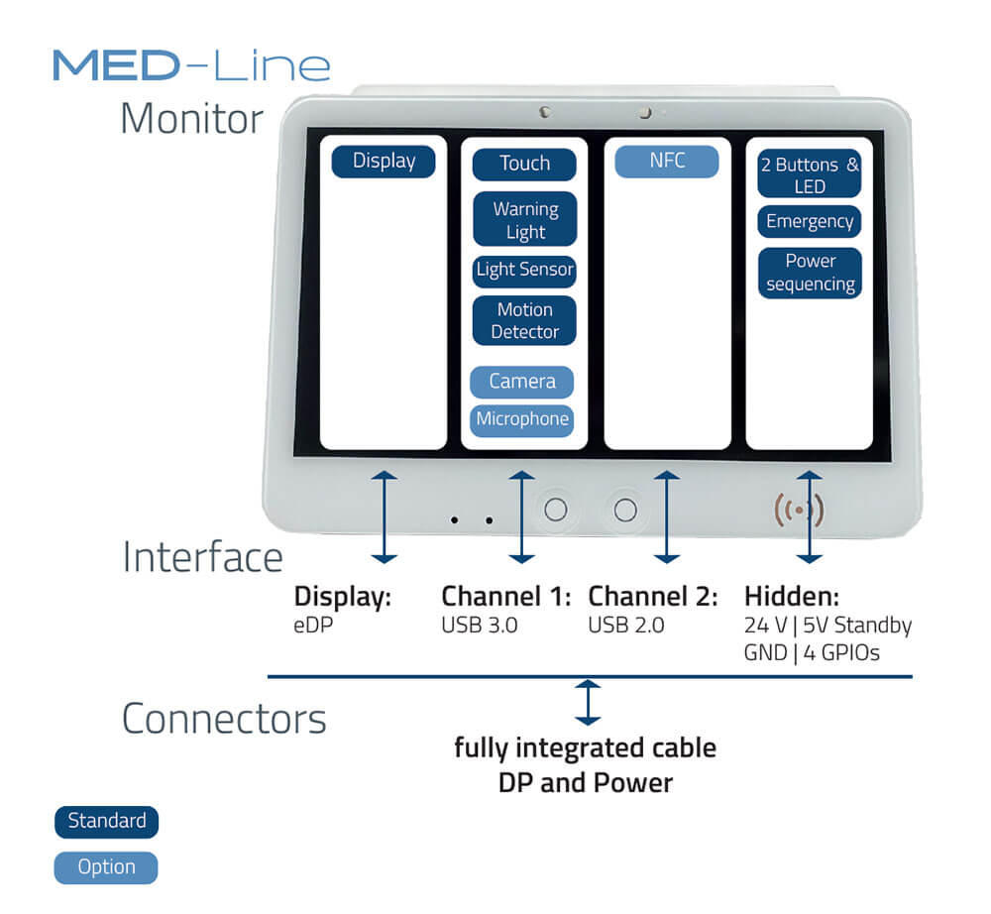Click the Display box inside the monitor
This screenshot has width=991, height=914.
[383, 162]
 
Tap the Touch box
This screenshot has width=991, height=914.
[524, 165]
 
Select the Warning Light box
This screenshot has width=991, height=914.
[524, 220]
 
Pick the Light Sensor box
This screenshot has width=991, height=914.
[524, 270]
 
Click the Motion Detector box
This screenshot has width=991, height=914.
[524, 320]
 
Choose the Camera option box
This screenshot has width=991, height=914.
[522, 382]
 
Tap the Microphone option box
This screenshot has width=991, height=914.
[522, 419]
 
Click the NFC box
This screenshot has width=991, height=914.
[666, 162]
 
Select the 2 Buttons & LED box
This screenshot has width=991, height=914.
[809, 174]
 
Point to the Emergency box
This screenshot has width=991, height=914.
[809, 222]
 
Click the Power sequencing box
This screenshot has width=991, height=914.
[810, 273]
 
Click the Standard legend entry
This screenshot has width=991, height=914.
[106, 822]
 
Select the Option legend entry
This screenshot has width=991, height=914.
[106, 867]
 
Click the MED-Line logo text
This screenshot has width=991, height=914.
[191, 65]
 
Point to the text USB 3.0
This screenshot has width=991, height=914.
[480, 626]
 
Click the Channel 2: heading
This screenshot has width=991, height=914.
[654, 597]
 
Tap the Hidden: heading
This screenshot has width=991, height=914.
[792, 597]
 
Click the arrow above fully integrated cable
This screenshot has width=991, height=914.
[589, 702]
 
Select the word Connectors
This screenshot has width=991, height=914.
[224, 719]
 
